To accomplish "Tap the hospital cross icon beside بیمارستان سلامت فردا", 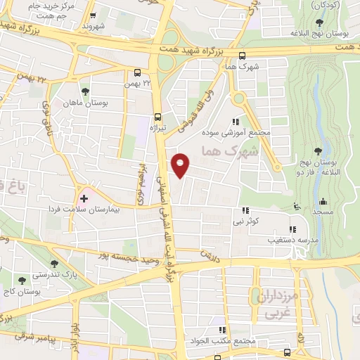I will click(83, 199).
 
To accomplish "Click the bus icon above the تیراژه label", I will click(157, 117).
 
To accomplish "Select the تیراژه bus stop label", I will click(157, 129).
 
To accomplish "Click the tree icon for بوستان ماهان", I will click(85, 91).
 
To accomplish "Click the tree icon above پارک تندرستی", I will click(34, 262).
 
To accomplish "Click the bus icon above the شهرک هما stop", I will click(242, 56).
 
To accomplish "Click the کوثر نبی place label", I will click(245, 221).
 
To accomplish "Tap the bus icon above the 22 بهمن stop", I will click(137, 72).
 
